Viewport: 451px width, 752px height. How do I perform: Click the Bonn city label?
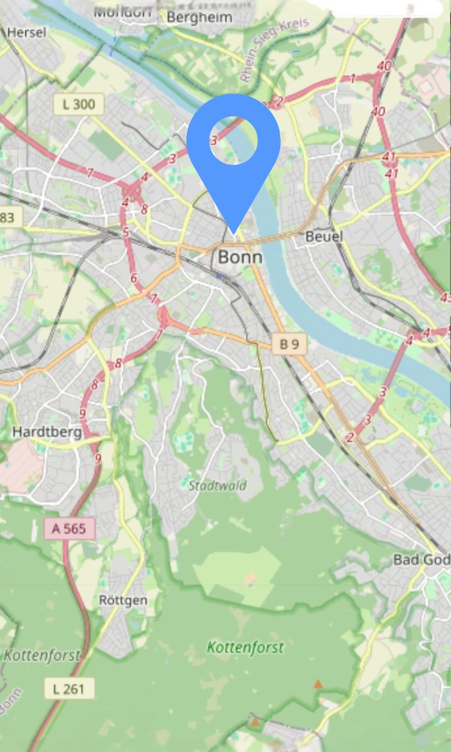240,257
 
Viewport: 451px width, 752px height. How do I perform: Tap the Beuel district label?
324,236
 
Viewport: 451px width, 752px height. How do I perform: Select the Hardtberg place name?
47,432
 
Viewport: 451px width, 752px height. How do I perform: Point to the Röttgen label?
123,600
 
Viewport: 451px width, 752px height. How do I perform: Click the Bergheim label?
199,18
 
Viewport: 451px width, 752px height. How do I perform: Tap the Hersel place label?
27,33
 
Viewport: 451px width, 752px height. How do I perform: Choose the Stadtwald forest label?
217,485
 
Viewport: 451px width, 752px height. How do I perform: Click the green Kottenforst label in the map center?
246,647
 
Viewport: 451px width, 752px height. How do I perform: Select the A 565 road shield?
69,528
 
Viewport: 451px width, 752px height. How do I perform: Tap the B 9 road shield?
289,344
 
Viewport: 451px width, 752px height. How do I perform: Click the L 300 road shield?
79,104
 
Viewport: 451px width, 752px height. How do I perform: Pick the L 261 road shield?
69,689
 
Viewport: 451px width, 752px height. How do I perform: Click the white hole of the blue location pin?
233,140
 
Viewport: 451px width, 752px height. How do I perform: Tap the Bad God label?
421,559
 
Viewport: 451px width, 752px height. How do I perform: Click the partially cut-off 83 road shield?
8,218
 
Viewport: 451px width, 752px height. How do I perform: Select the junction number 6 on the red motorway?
133,278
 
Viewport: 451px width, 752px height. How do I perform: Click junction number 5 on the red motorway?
126,232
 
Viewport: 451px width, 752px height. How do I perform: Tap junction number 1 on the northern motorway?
353,78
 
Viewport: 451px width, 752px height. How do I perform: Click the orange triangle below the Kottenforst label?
318,684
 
